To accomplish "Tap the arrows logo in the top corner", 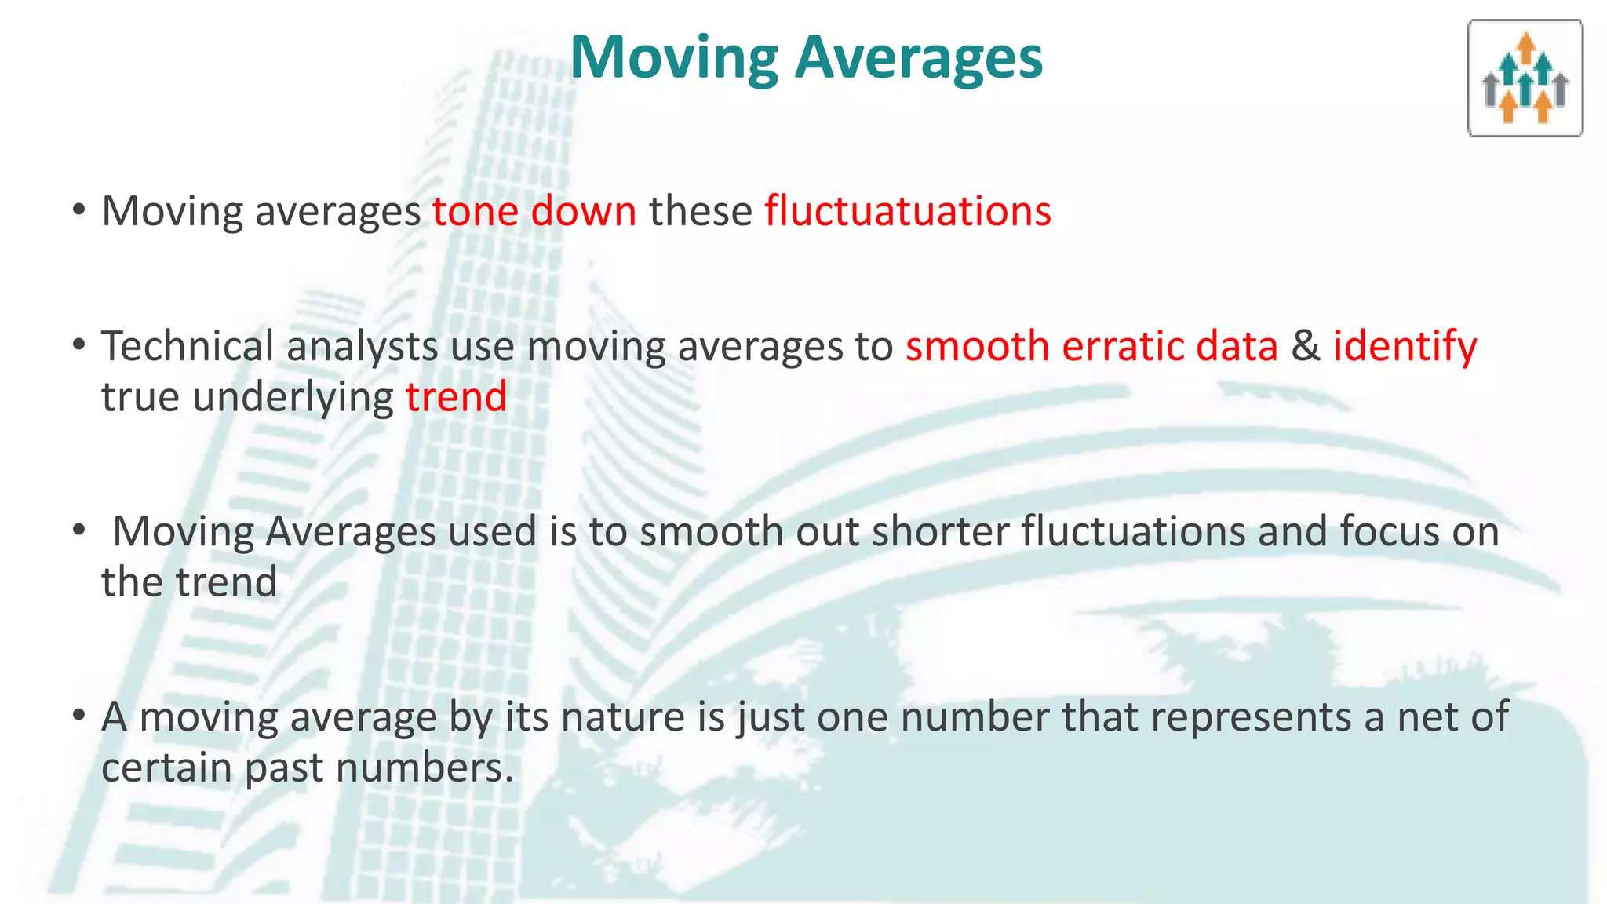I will click(1525, 78).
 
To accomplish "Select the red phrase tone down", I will click(534, 212).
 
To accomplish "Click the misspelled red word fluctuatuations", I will click(908, 212).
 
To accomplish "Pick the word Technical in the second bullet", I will click(188, 347).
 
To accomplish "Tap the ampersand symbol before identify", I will click(1306, 347).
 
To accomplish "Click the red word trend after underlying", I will click(456, 397).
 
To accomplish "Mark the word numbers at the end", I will click(424, 768).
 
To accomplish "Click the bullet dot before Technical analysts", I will click(78, 345).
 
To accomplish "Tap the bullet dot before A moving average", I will click(78, 716).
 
